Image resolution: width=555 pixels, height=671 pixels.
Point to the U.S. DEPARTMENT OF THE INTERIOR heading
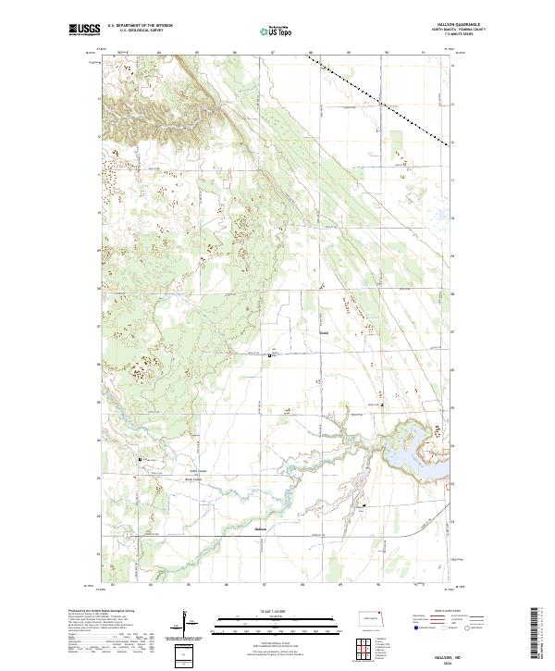pos(140,26)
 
